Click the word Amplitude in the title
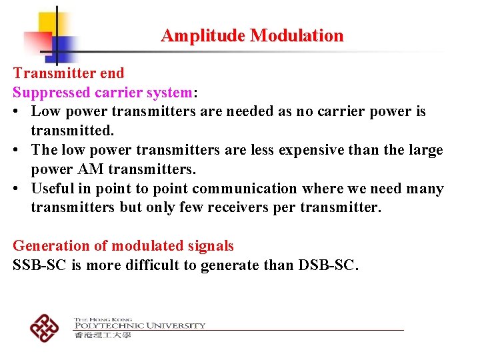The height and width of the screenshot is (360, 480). pyautogui.click(x=203, y=36)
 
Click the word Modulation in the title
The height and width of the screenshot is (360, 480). pyautogui.click(x=297, y=36)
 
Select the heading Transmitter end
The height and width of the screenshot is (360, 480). pyautogui.click(x=69, y=73)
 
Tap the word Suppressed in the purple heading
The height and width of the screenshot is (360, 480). pyautogui.click(x=49, y=92)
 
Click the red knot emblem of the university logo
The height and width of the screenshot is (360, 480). pyautogui.click(x=45, y=327)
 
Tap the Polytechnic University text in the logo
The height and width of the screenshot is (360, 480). pyautogui.click(x=139, y=325)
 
